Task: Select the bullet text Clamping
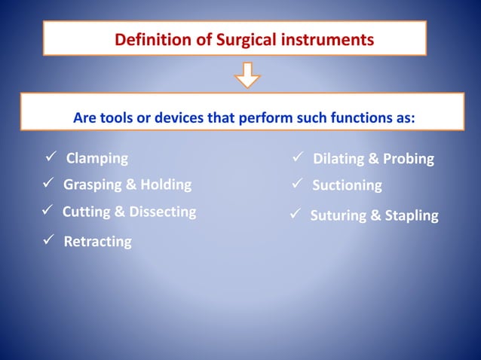click(97, 158)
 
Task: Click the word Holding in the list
click(165, 185)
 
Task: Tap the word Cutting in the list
click(85, 212)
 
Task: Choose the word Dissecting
click(162, 212)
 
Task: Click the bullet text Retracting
click(97, 241)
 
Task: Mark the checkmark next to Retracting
click(47, 240)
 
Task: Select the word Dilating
click(339, 159)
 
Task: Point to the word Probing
click(408, 159)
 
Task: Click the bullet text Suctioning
click(347, 185)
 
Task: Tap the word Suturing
click(338, 216)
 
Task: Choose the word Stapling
click(412, 216)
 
